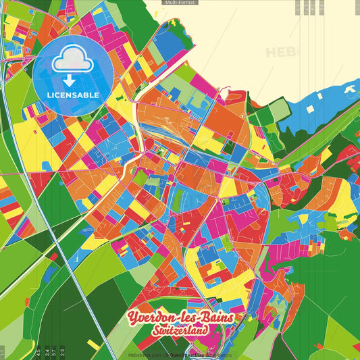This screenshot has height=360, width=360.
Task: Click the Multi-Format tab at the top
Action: click(180, 3)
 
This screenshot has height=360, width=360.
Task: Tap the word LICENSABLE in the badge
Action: click(73, 95)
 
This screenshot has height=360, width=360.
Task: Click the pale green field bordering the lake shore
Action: click(278, 109)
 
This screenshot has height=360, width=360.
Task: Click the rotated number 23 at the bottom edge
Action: click(63, 351)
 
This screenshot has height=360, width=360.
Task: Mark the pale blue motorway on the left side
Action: click(41, 203)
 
